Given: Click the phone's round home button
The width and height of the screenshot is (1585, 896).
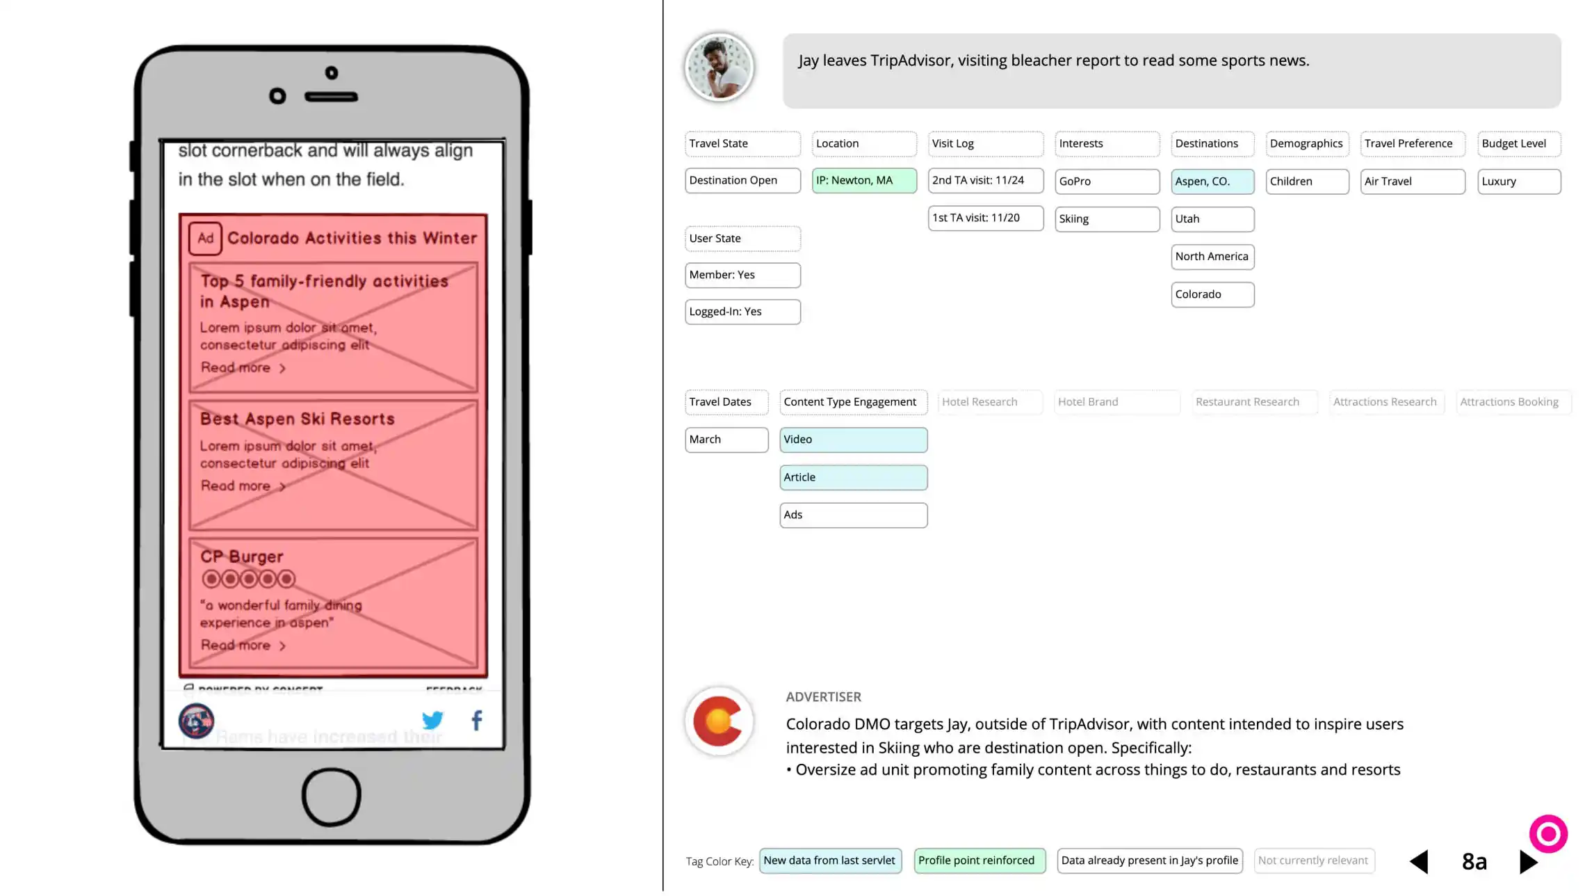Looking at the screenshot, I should pyautogui.click(x=331, y=797).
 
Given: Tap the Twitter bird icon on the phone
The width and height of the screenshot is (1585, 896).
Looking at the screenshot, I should pyautogui.click(x=432, y=720).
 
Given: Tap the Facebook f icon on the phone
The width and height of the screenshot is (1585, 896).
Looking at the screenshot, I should pyautogui.click(x=477, y=720).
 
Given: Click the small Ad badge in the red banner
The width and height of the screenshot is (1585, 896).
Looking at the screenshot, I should pyautogui.click(x=205, y=239).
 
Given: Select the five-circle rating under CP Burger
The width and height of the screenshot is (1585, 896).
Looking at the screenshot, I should pyautogui.click(x=248, y=579).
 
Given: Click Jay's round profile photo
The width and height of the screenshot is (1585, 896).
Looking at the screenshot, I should pyautogui.click(x=719, y=67).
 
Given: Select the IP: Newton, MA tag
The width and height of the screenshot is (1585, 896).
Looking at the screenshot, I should pyautogui.click(x=863, y=181).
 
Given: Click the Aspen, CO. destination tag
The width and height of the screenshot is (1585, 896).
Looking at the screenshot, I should pyautogui.click(x=1212, y=182).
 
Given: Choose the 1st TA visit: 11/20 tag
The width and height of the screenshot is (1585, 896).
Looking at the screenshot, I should pyautogui.click(x=984, y=218).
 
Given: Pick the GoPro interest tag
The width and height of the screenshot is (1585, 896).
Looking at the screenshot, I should pyautogui.click(x=1106, y=182).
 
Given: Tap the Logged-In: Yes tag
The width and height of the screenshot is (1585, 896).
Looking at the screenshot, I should pyautogui.click(x=742, y=312).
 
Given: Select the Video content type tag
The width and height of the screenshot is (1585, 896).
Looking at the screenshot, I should pyautogui.click(x=852, y=440).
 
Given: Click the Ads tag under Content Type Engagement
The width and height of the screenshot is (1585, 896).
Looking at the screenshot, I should pyautogui.click(x=852, y=515).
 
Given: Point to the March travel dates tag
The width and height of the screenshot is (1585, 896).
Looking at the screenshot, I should pyautogui.click(x=726, y=440).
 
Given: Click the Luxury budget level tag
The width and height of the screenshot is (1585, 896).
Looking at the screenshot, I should pyautogui.click(x=1518, y=182).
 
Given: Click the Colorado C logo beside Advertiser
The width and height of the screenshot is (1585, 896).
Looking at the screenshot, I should pyautogui.click(x=719, y=721).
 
